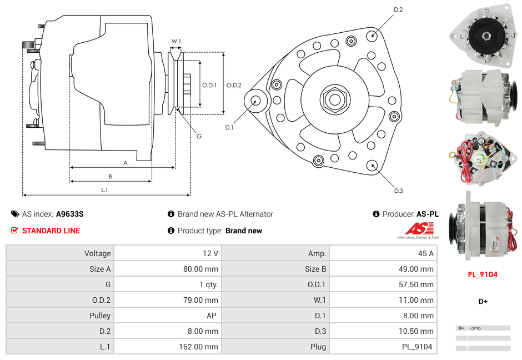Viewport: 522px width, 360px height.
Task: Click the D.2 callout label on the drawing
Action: pos(398,10)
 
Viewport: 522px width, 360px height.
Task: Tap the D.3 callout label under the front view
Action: pos(398,191)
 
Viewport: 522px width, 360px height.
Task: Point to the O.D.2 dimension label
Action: pos(234,85)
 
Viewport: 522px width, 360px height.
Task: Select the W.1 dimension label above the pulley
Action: pos(176,41)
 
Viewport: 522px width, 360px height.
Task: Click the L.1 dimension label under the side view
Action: pos(104,190)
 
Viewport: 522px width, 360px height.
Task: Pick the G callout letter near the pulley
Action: pos(199,136)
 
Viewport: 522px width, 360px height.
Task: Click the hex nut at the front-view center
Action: pos(334,99)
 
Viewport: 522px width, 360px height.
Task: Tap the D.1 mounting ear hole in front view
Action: pos(256,101)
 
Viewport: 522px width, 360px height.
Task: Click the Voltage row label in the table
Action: pos(97,253)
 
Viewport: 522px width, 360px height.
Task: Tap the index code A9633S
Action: pos(70,214)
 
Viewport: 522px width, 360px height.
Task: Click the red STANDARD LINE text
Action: pos(51,231)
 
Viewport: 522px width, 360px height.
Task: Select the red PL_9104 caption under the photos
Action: pos(482,274)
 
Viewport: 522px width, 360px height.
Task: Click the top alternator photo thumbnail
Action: pos(480,33)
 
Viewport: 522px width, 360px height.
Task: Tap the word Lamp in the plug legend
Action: pos(475,328)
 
